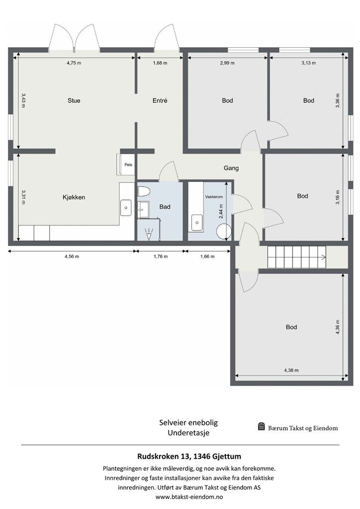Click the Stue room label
click(74, 100)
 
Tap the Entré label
click(160, 100)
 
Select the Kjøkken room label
click(74, 197)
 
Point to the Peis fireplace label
click(128, 165)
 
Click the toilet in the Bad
click(143, 191)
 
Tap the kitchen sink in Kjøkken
click(126, 208)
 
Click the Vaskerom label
click(214, 197)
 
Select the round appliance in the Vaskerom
click(224, 232)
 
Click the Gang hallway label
click(231, 168)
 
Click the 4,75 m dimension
click(74, 63)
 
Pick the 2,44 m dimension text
click(221, 211)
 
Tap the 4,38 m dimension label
click(291, 370)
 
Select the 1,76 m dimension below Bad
click(161, 256)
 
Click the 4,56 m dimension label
click(72, 256)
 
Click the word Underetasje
click(188, 433)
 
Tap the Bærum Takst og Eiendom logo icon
click(262, 426)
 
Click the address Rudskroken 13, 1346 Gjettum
click(189, 456)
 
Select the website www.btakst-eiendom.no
click(189, 497)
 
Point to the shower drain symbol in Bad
click(149, 235)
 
